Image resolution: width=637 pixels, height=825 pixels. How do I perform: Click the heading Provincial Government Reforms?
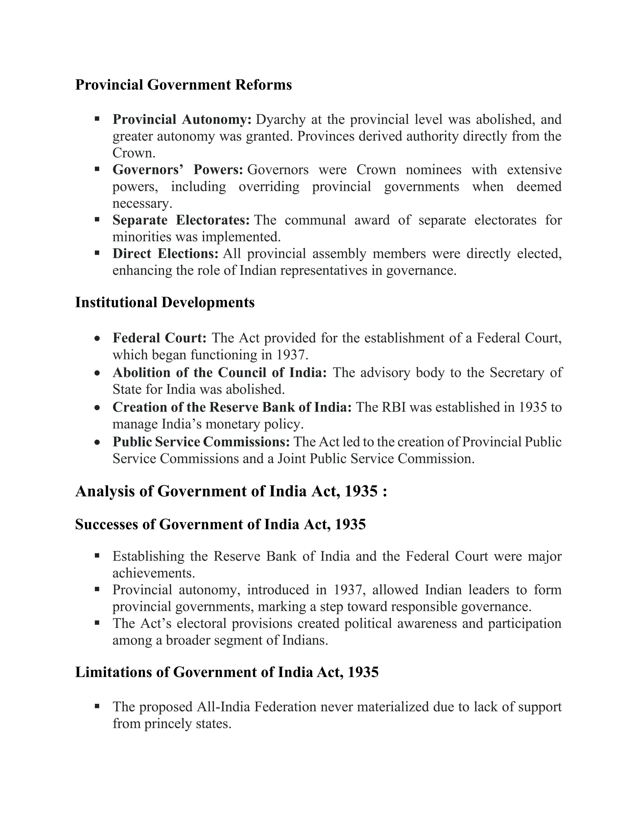tap(184, 85)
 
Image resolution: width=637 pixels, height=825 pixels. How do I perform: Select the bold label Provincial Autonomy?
tap(182, 119)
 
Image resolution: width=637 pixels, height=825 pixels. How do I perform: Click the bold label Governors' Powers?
tap(178, 170)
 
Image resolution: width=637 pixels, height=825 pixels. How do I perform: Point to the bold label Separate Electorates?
tap(181, 220)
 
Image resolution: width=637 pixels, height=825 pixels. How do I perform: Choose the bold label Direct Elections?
tap(165, 253)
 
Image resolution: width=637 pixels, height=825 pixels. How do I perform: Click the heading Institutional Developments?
tap(165, 303)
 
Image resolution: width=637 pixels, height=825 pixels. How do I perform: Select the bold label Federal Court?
tap(160, 338)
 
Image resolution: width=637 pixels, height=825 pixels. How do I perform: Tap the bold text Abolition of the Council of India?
tap(220, 372)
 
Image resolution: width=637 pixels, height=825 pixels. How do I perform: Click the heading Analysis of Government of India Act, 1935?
tap(231, 491)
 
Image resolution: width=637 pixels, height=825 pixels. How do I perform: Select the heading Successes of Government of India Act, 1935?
tap(221, 524)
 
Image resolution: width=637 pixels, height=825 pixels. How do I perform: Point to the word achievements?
tap(154, 573)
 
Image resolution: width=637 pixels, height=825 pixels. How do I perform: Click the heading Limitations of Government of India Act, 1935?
tap(227, 672)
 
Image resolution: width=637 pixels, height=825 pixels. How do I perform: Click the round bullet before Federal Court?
tap(97, 339)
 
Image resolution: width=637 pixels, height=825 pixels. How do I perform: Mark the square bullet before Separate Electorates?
tap(97, 219)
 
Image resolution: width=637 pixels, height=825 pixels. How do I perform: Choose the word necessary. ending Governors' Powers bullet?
tap(142, 203)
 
